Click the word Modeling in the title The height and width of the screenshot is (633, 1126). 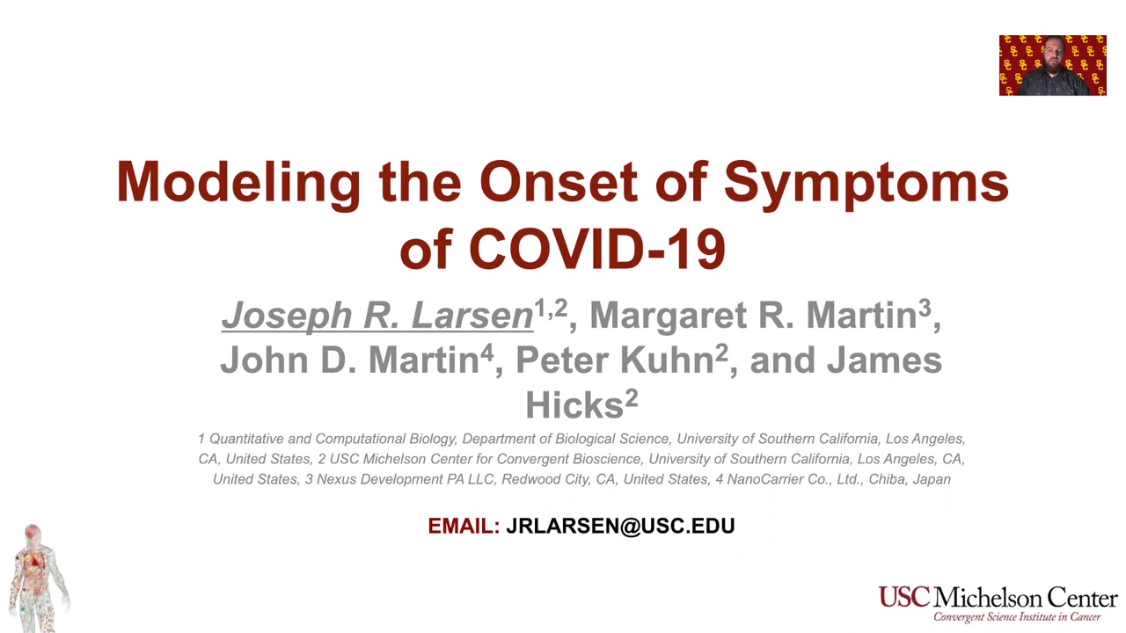pyautogui.click(x=238, y=184)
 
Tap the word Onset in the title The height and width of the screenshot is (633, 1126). pyautogui.click(x=559, y=181)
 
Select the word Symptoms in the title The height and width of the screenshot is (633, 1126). pyautogui.click(x=866, y=184)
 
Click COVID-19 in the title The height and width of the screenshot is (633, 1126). pyautogui.click(x=597, y=248)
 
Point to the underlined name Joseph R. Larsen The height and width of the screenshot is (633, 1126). pyautogui.click(x=377, y=315)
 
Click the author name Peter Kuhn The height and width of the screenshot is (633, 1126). pyautogui.click(x=615, y=360)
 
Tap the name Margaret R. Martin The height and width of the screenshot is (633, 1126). pyautogui.click(x=754, y=315)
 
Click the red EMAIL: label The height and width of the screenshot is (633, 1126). pyautogui.click(x=464, y=526)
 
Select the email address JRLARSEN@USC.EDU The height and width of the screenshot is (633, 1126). pyautogui.click(x=620, y=526)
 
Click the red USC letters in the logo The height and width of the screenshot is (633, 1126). pyautogui.click(x=904, y=597)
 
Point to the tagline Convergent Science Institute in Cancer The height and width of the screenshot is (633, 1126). pyautogui.click(x=1017, y=617)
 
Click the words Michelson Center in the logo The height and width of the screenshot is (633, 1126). pyautogui.click(x=1026, y=597)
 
